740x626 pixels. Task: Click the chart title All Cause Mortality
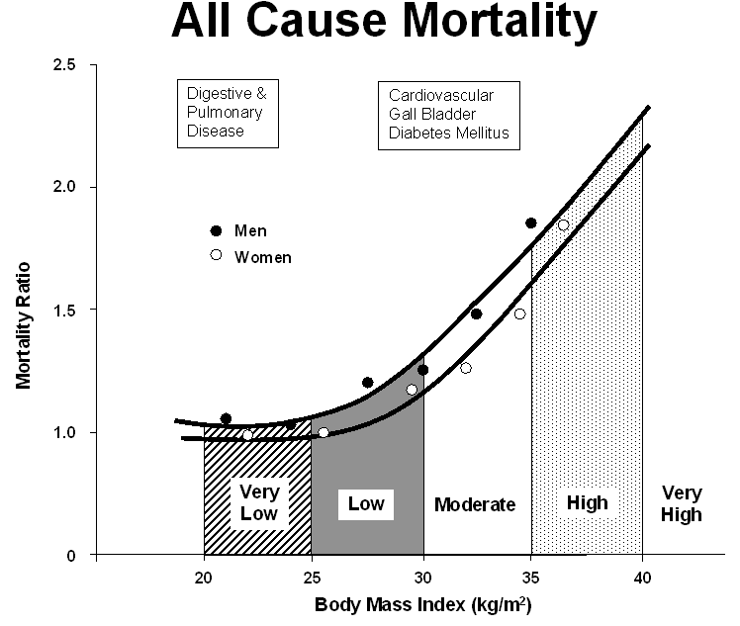tap(385, 22)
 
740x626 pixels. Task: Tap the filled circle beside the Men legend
tap(217, 231)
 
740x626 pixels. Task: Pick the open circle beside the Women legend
tap(217, 256)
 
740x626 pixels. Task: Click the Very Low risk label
tap(258, 502)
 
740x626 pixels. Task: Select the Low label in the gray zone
tap(366, 504)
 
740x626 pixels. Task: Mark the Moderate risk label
tap(475, 505)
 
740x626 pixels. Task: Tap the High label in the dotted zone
tap(587, 503)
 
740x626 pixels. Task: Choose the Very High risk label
tap(682, 503)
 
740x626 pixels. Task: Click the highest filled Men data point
tap(531, 224)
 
